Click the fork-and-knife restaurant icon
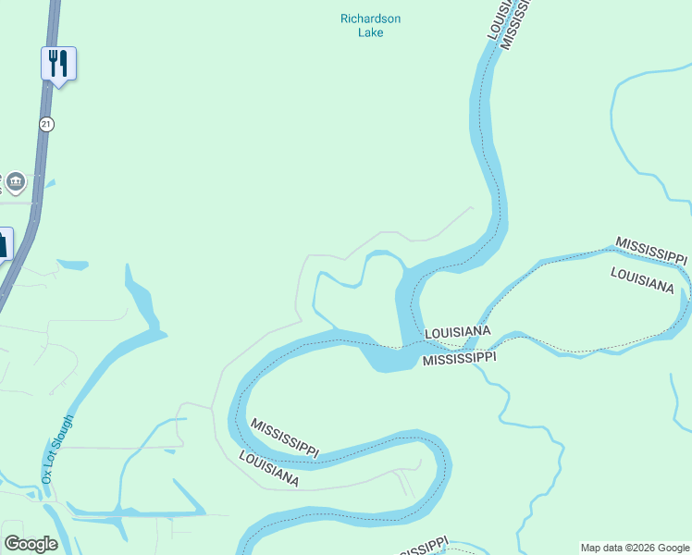click(58, 63)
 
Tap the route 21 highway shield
click(46, 123)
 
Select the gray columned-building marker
click(15, 182)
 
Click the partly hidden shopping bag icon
click(4, 244)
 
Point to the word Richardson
click(370, 18)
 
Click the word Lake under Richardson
click(370, 33)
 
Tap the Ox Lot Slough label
click(56, 449)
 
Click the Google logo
click(31, 544)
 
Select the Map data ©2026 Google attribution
click(635, 548)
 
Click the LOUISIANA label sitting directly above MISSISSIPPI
click(457, 332)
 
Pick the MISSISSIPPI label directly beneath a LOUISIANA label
click(460, 357)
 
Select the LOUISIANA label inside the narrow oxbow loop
click(641, 279)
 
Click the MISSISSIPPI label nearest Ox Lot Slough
click(285, 437)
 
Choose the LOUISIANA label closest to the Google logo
click(268, 469)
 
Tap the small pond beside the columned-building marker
click(48, 184)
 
